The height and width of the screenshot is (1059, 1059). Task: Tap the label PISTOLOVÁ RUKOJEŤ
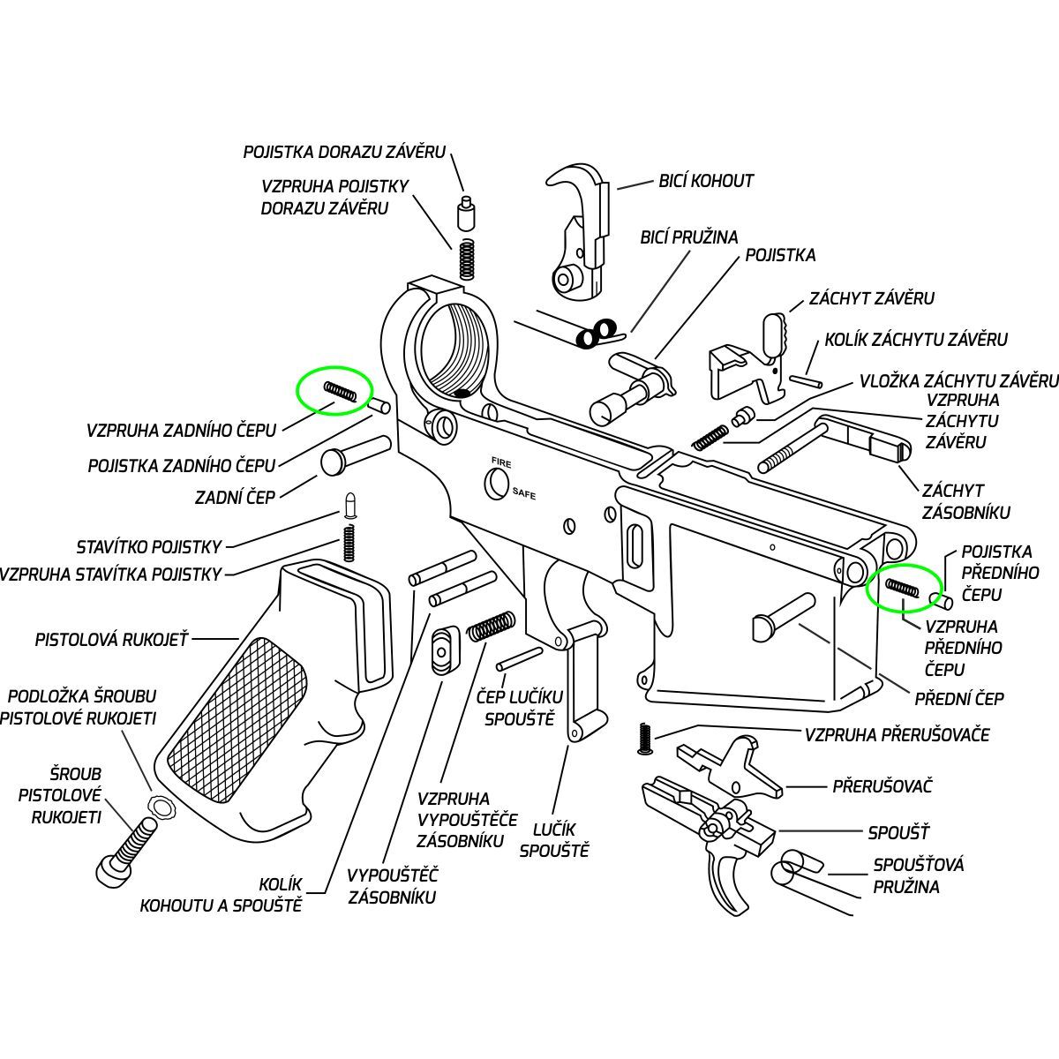111,640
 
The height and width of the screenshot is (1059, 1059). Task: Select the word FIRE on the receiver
501,462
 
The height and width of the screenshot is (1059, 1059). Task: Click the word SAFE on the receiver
523,495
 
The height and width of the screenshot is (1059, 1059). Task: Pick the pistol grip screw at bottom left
125,848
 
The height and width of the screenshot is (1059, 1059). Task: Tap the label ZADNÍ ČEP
235,498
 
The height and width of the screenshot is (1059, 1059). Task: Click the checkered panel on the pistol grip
238,719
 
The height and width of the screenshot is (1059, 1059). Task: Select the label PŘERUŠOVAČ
882,786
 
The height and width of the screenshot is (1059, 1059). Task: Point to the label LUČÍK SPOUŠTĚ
554,840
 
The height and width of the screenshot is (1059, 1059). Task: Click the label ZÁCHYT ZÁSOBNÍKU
965,501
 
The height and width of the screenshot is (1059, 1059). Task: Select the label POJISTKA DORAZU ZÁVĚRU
344,153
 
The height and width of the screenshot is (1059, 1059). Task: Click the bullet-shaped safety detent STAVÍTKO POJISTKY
349,505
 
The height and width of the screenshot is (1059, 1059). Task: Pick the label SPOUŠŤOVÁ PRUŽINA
918,875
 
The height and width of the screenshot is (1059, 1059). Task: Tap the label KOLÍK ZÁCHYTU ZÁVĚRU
915,340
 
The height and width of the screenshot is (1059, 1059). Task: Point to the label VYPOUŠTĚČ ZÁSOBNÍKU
392,886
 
